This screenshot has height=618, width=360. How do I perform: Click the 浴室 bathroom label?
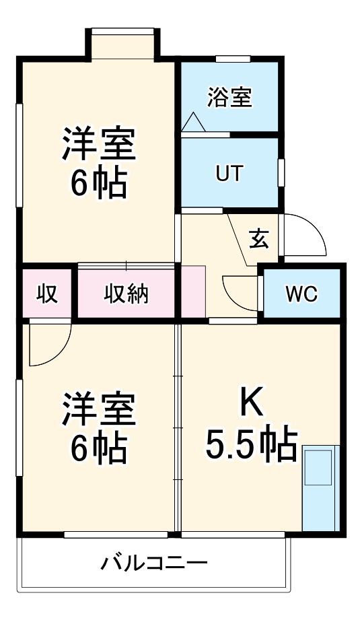[229, 98]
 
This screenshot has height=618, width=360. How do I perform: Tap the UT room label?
[229, 173]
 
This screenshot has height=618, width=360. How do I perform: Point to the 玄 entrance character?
[259, 239]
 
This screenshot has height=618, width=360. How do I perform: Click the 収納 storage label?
[126, 294]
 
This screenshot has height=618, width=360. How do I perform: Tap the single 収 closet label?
[46, 294]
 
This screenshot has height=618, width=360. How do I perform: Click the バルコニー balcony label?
[154, 562]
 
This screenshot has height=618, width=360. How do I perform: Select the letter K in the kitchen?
[252, 404]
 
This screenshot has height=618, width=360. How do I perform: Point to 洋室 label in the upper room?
[99, 143]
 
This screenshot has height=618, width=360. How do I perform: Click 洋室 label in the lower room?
[99, 411]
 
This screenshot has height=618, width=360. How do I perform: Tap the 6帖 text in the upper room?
[99, 181]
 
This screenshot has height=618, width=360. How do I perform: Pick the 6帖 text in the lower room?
[99, 449]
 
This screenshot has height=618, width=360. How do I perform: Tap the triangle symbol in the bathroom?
[193, 122]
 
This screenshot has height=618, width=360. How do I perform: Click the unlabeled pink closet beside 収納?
[192, 291]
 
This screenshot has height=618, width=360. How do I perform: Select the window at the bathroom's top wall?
[233, 60]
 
